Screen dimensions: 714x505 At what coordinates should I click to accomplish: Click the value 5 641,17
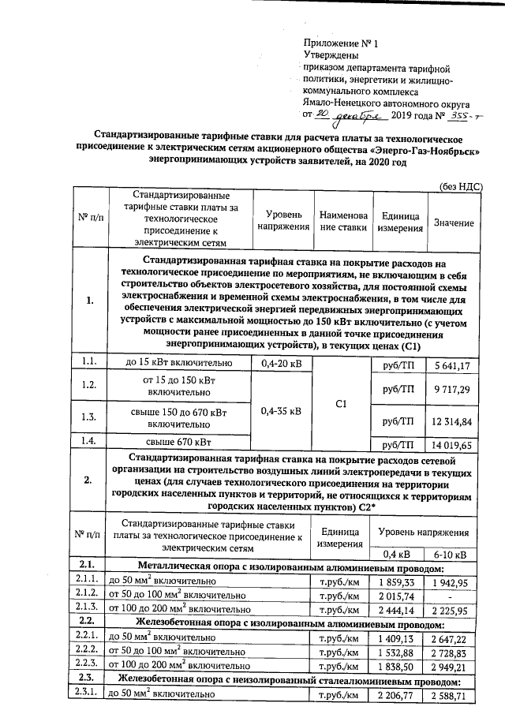point(453,364)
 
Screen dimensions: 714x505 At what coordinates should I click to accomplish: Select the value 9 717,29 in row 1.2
point(453,389)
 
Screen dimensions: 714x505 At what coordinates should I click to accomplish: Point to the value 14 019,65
point(453,445)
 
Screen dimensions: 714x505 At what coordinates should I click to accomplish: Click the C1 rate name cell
point(342,404)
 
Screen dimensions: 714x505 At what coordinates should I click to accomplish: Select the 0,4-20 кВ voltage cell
point(280,364)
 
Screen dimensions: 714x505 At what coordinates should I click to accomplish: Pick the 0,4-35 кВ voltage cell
point(280,410)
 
